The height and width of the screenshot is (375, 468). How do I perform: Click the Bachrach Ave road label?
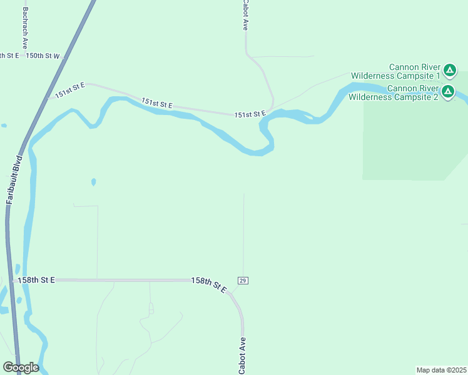[25, 29]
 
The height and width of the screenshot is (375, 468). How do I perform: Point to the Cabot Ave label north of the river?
[246, 16]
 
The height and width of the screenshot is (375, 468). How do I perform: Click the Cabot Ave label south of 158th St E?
[242, 356]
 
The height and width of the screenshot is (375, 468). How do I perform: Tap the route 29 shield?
[243, 281]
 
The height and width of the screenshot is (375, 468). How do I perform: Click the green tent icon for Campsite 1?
[450, 69]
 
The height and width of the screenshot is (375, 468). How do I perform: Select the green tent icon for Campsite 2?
[448, 92]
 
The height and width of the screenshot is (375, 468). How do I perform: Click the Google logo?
[21, 367]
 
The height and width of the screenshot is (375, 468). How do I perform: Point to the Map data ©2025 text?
[441, 369]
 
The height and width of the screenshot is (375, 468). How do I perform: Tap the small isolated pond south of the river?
[93, 182]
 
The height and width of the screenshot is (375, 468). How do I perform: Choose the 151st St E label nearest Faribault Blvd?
[69, 91]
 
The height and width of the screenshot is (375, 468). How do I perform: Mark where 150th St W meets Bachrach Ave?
[26, 56]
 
